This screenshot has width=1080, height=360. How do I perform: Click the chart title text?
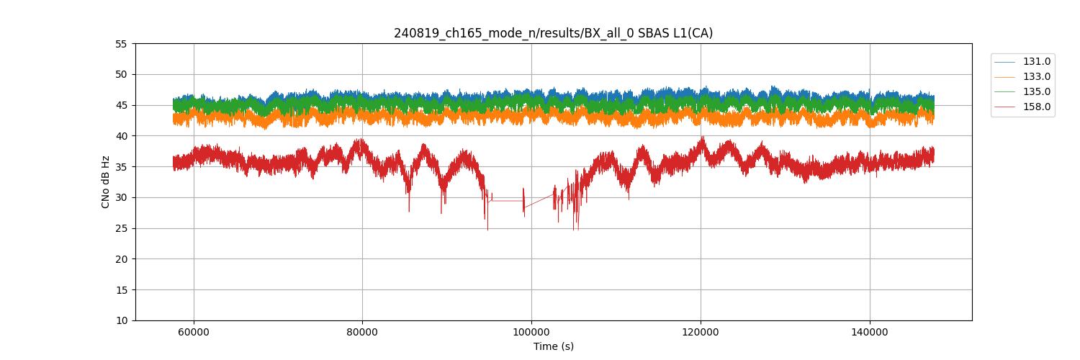553,33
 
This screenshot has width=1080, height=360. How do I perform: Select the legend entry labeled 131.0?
1036,62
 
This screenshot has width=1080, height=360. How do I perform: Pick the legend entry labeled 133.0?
1036,77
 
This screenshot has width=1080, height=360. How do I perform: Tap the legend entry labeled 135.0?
1036,92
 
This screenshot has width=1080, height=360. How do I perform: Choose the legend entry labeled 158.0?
1036,107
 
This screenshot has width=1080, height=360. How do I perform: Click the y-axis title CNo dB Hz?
106,182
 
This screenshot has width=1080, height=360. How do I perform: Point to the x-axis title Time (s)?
553,346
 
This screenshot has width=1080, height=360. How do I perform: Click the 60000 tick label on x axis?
193,332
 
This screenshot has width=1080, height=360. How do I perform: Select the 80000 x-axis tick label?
362,332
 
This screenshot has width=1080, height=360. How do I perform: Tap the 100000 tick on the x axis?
531,332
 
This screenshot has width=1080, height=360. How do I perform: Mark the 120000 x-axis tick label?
701,332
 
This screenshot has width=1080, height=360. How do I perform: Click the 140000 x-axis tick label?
870,332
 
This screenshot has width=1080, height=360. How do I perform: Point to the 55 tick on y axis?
121,44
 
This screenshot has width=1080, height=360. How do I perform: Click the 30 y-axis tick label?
121,197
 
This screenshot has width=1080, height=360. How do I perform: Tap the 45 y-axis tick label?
121,105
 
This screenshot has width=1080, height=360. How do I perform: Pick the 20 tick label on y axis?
121,259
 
